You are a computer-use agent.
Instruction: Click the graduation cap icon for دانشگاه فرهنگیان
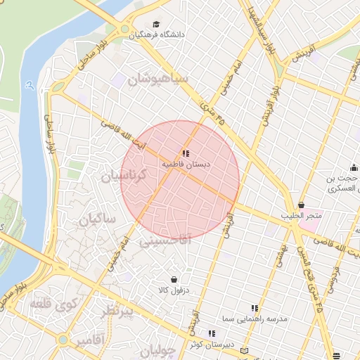pyautogui.click(x=156, y=24)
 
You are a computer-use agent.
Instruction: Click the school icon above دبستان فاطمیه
pyautogui.click(x=186, y=153)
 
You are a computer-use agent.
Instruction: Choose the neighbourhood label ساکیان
pyautogui.click(x=97, y=219)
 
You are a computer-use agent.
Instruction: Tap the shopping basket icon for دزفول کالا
pyautogui.click(x=173, y=280)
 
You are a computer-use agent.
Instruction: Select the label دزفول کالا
pyautogui.click(x=173, y=290)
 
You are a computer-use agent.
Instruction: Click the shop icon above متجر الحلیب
pyautogui.click(x=301, y=205)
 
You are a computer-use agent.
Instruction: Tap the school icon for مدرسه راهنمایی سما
pyautogui.click(x=255, y=308)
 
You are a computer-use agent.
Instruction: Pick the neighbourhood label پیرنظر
pyautogui.click(x=115, y=311)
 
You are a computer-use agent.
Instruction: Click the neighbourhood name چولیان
pyautogui.click(x=155, y=349)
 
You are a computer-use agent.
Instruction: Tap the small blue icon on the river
pyautogui.click(x=29, y=85)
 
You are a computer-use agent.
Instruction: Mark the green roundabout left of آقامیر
pyautogui.click(x=63, y=340)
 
